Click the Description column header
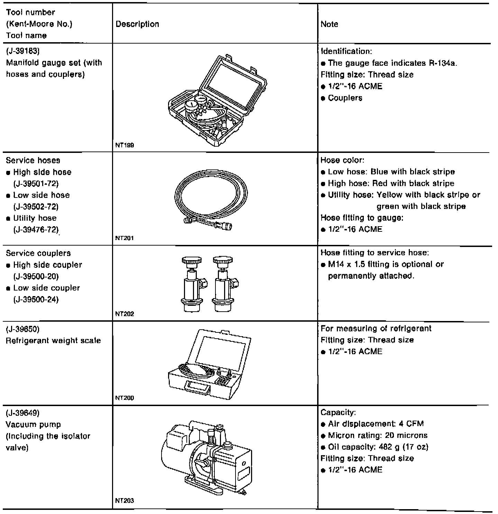pyautogui.click(x=137, y=24)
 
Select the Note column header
pyautogui.click(x=329, y=24)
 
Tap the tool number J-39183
pyautogui.click(x=23, y=52)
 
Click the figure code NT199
pyautogui.click(x=124, y=145)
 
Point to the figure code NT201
pyautogui.click(x=124, y=238)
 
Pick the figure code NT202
pyautogui.click(x=124, y=314)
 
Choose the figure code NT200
pyautogui.click(x=124, y=398)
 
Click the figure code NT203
pyautogui.click(x=124, y=501)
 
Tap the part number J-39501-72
pyautogui.click(x=36, y=183)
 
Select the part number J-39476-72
pyautogui.click(x=36, y=229)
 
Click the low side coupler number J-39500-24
pyautogui.click(x=36, y=300)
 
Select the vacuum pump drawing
pyautogui.click(x=207, y=457)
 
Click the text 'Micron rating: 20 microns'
pyautogui.click(x=378, y=435)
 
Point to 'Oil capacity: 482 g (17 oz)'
pyautogui.click(x=378, y=447)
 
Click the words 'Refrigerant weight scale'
pyautogui.click(x=54, y=340)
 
